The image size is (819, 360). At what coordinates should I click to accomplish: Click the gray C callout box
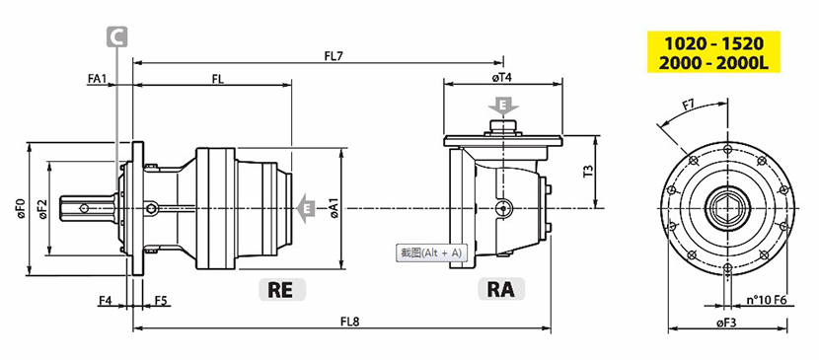[x=117, y=37]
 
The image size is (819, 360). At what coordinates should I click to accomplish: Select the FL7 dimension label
[x=333, y=54]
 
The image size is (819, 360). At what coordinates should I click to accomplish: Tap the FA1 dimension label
[x=97, y=78]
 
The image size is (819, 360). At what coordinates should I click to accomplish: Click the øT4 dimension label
[x=502, y=77]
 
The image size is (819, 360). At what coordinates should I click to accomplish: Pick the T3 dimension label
[x=588, y=172]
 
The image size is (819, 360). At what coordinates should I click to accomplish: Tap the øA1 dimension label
[x=335, y=209]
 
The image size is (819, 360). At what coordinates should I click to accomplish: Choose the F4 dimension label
[x=105, y=301]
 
